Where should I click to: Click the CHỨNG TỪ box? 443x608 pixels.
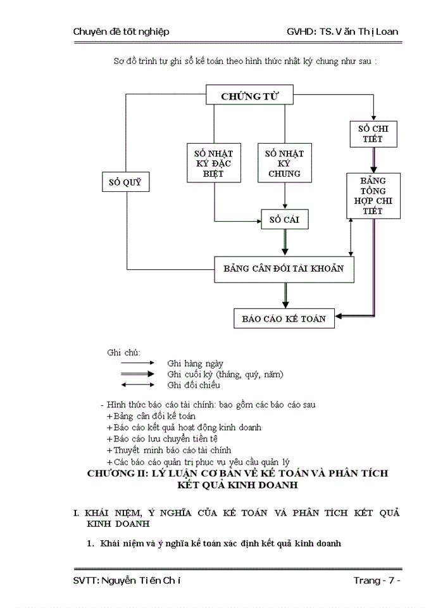(250, 96)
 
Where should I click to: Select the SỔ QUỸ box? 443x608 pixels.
(127, 183)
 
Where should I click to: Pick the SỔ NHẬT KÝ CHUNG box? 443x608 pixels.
(284, 163)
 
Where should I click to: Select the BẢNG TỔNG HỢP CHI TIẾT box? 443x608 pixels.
(373, 196)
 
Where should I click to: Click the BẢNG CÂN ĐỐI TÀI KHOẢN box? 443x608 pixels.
(284, 269)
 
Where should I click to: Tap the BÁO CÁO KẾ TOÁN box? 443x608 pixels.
(284, 319)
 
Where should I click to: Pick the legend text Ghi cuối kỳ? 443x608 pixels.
(225, 374)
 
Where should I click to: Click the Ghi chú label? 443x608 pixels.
(123, 352)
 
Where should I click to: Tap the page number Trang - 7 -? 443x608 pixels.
(377, 580)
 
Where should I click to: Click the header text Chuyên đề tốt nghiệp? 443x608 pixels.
(121, 31)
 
